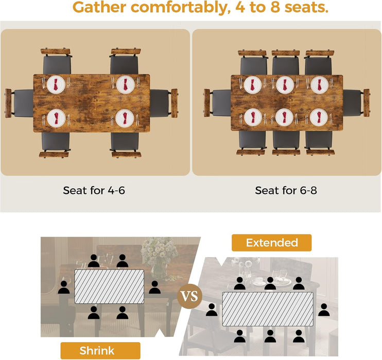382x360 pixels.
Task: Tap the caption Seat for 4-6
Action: coord(94,190)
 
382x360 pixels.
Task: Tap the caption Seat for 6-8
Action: coord(286,190)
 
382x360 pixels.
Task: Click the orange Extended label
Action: coord(271,243)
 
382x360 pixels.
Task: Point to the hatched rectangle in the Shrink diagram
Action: coord(110,286)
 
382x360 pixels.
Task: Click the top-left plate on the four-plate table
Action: coord(56,84)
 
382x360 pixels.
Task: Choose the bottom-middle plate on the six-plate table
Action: coord(286,117)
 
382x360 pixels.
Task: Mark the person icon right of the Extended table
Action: coord(323,310)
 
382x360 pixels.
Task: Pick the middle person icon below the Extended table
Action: coord(269,336)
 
